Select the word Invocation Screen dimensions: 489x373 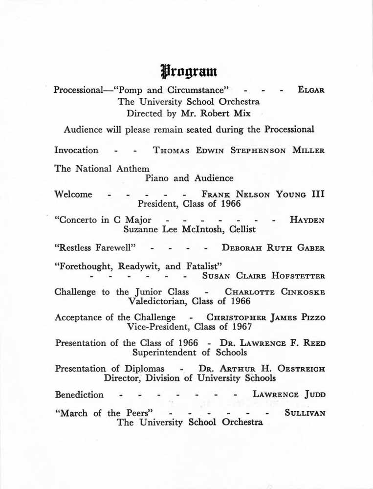76,151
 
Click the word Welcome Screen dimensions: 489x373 73,194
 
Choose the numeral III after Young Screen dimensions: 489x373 318,194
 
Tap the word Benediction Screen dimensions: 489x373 79,395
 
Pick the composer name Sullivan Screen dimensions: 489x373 305,413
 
